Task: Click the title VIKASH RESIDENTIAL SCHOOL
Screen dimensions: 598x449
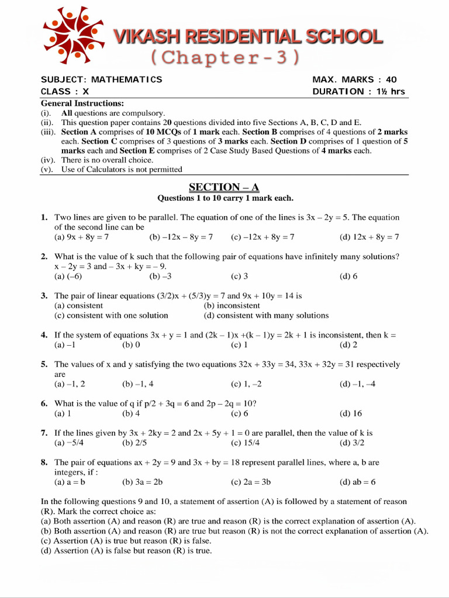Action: (x=248, y=37)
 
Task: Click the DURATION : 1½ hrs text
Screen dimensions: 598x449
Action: (x=358, y=91)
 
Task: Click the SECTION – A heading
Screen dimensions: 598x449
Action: (x=224, y=187)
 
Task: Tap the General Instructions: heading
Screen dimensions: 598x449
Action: (x=82, y=103)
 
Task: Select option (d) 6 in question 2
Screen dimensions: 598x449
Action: (x=348, y=276)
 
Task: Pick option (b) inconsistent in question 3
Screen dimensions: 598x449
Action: (x=232, y=305)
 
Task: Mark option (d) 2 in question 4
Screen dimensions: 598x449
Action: (x=348, y=345)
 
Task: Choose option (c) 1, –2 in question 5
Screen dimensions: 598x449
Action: (x=246, y=384)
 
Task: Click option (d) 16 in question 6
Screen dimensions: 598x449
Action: (x=351, y=413)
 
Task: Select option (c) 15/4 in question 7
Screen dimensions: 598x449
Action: (x=246, y=443)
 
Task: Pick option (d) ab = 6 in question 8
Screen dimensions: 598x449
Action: (x=357, y=482)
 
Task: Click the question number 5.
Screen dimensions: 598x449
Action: (x=44, y=364)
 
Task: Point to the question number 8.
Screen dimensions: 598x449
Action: (x=44, y=462)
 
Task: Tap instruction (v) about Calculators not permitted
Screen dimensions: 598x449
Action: (x=122, y=169)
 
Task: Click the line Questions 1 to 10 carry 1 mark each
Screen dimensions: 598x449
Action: (x=225, y=198)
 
